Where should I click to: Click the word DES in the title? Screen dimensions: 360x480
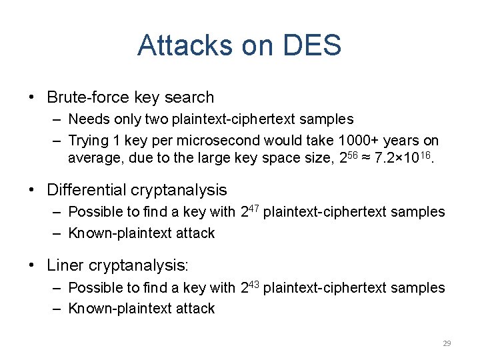coord(312,46)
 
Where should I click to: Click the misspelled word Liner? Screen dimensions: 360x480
coord(65,265)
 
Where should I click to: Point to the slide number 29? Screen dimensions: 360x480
coord(447,343)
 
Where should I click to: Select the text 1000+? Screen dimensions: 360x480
coord(355,141)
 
